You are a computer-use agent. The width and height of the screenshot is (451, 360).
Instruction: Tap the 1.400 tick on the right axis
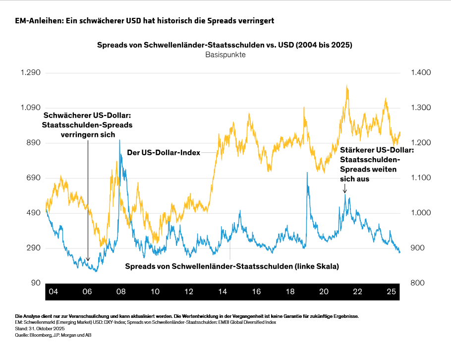(421, 73)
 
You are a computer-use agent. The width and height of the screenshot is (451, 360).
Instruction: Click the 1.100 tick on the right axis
(421, 178)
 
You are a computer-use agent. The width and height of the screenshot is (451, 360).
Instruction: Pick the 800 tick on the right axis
(418, 283)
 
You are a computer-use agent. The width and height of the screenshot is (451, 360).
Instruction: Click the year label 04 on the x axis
(54, 291)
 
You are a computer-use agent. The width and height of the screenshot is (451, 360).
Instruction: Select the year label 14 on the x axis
(222, 291)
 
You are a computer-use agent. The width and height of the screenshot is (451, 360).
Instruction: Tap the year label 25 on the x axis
(391, 291)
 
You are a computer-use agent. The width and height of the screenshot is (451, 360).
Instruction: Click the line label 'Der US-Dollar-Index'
(164, 153)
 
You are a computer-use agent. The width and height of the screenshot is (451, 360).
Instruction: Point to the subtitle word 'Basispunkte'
(225, 55)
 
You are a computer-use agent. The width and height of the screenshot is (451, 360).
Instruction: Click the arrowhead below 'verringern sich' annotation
(88, 259)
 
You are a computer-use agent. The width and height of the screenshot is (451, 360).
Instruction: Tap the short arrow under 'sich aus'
(344, 190)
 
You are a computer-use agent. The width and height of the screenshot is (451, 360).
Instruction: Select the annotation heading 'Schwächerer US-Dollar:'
(88, 116)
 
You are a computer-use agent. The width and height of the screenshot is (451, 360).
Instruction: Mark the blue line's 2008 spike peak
(119, 141)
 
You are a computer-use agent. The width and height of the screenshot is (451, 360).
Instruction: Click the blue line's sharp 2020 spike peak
(307, 173)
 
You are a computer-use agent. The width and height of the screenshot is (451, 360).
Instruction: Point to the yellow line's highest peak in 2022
(347, 86)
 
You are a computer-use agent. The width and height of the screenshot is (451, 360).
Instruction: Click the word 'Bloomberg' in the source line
(40, 335)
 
